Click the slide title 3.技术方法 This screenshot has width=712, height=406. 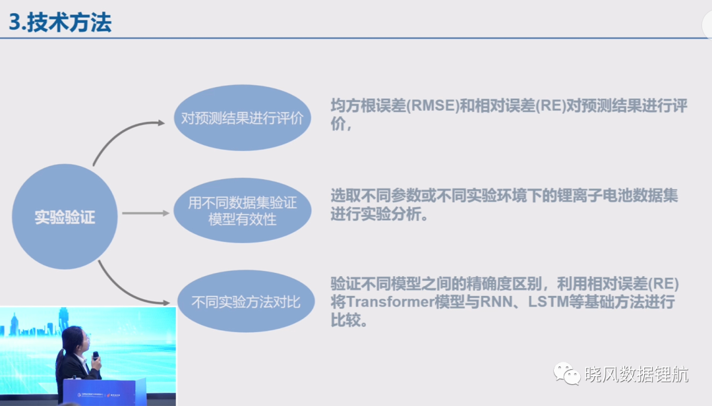click(x=60, y=22)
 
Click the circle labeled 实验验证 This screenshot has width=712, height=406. click(x=65, y=217)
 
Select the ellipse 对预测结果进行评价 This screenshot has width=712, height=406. click(x=243, y=117)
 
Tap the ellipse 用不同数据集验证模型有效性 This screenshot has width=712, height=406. click(x=243, y=210)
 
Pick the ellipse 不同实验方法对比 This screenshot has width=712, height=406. click(x=246, y=301)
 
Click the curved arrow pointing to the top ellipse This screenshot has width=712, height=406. click(x=119, y=134)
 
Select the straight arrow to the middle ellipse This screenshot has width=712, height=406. click(x=146, y=213)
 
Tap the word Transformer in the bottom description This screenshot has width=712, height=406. click(x=390, y=302)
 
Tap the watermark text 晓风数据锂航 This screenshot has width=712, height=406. click(x=637, y=374)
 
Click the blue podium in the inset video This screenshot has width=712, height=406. click(x=104, y=391)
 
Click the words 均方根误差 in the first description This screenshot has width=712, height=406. click(x=368, y=106)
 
